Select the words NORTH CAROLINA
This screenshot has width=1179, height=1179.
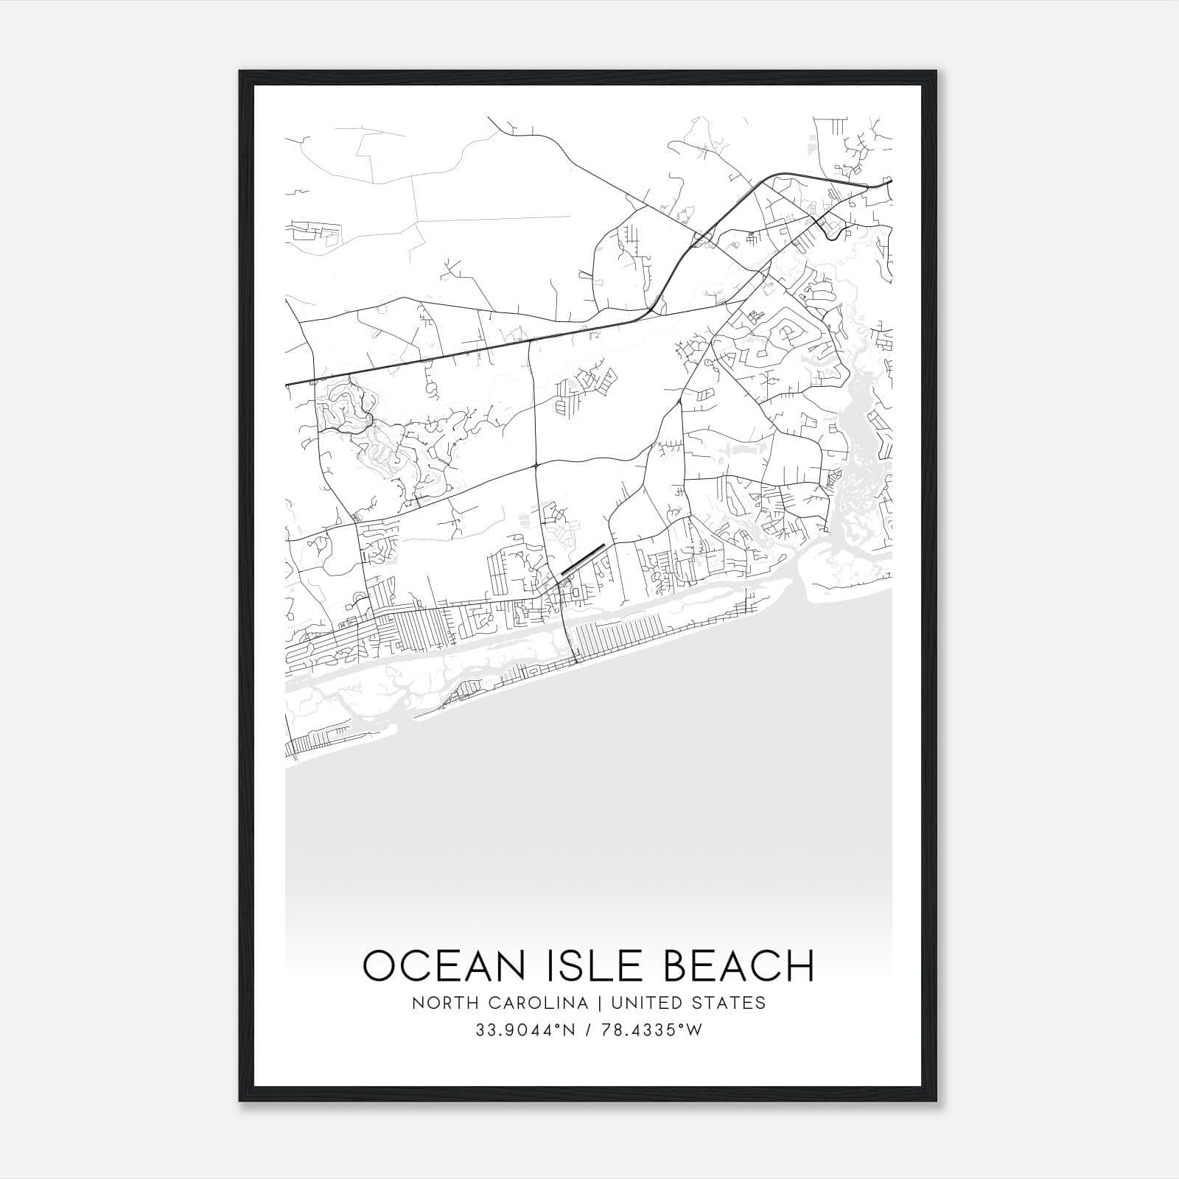coord(500,1003)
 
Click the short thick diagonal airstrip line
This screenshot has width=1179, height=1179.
coord(583,559)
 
